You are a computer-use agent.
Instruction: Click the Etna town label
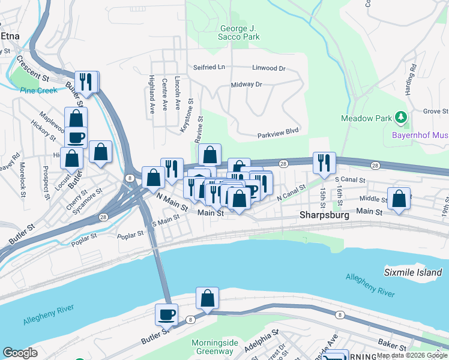(x=10, y=36)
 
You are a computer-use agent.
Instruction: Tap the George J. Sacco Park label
(x=240, y=32)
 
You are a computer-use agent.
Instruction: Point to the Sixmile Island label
(x=412, y=272)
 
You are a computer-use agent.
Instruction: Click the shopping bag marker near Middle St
(x=399, y=198)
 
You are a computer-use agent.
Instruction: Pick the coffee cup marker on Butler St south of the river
(x=166, y=314)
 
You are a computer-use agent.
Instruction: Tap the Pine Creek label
(x=38, y=91)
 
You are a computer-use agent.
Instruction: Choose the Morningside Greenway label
(x=211, y=347)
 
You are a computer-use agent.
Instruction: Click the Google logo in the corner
(x=20, y=353)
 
